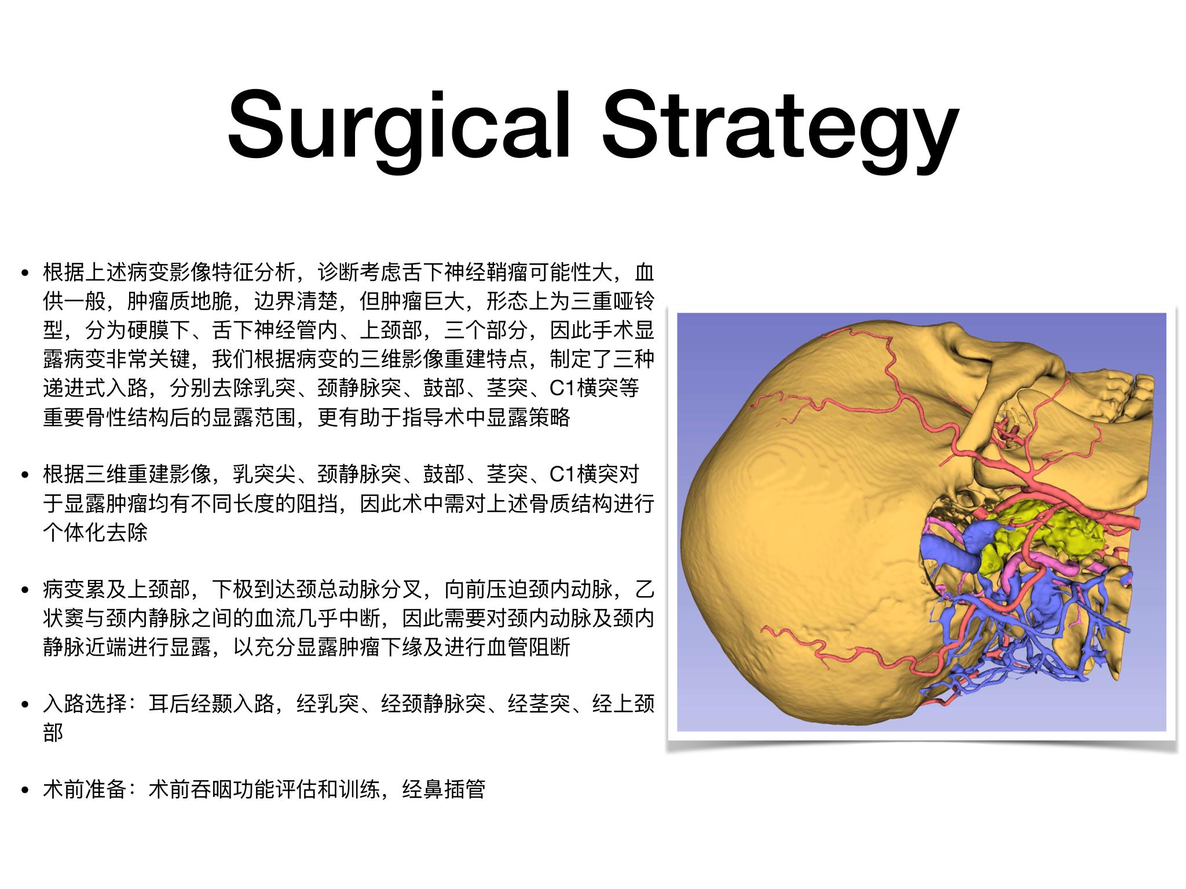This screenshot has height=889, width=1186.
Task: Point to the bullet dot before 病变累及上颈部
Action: [x=24, y=591]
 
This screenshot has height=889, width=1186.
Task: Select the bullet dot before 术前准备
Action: [x=24, y=790]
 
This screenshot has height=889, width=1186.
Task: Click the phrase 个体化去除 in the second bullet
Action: [x=96, y=532]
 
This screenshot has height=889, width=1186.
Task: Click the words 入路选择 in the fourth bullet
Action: [x=85, y=705]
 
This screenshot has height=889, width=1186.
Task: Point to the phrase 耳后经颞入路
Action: [x=211, y=705]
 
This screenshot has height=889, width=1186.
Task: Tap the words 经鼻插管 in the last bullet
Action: [x=444, y=789]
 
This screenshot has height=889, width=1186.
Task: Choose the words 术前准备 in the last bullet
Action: [x=85, y=789]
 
